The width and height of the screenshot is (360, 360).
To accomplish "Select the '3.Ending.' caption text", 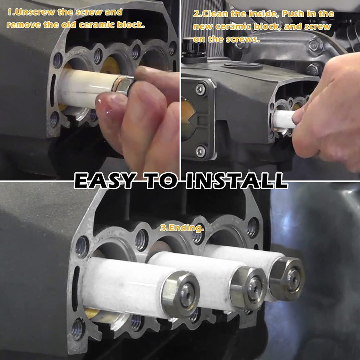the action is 182,228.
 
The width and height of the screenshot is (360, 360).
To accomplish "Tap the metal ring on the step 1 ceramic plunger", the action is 123,85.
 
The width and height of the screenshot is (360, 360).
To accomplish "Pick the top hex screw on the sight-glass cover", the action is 200,89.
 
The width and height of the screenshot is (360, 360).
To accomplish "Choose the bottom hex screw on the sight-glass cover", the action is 200,151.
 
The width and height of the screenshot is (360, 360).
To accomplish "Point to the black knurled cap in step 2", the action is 194,47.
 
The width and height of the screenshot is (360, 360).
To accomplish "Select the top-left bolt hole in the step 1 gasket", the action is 57,60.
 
